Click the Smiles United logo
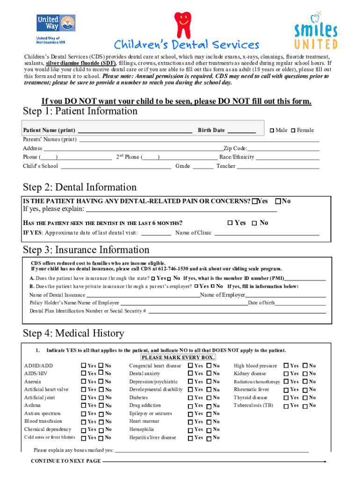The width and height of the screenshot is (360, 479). coord(316,32)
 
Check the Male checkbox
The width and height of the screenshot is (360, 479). coord(272,131)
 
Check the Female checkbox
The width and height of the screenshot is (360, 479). coord(294,131)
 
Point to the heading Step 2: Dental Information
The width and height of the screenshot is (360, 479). coord(80,188)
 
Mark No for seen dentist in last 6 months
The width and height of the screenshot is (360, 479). coord(254,223)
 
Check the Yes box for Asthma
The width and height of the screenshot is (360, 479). coord(84,406)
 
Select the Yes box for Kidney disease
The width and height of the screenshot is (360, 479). coord(287,374)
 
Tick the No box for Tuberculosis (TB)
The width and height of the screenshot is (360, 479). coord(305,406)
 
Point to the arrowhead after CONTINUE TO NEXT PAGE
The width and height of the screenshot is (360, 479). coord(324,462)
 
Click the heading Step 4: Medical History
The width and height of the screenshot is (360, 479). coord(73,334)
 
